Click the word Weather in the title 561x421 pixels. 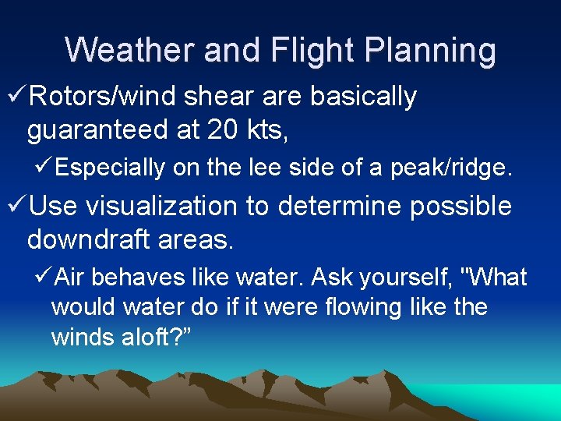point(129,51)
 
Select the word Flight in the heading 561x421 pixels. point(307,51)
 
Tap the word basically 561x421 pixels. point(363,97)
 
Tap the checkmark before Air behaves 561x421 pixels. point(44,278)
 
